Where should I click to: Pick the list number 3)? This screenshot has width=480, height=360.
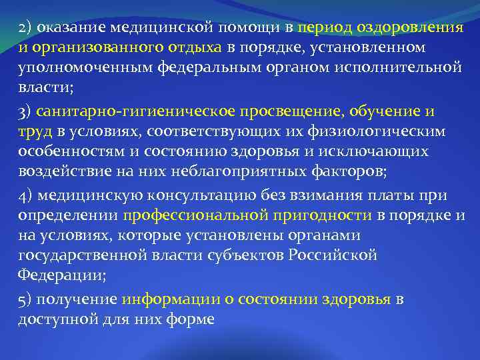25,112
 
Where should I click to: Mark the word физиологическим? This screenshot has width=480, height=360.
398,131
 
